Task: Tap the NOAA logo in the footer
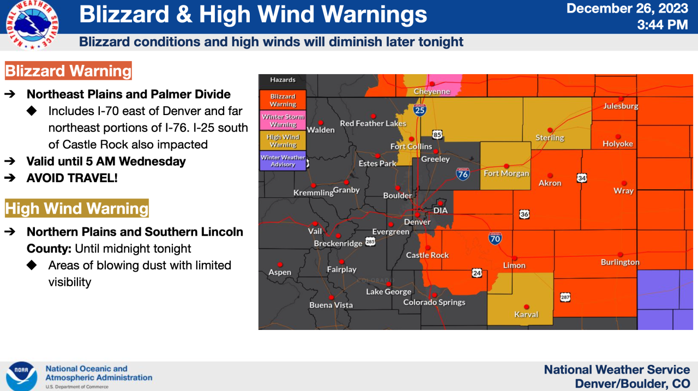tap(22, 376)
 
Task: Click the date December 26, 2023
tap(627, 9)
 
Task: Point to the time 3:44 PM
tap(663, 25)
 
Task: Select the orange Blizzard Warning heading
tap(68, 71)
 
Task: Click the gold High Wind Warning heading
tap(76, 209)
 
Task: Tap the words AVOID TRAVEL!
tap(72, 178)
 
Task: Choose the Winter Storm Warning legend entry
tap(283, 121)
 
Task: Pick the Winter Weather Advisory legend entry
tap(283, 161)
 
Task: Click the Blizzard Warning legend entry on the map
tap(283, 100)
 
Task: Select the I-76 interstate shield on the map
tap(462, 174)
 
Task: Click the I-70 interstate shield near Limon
tap(495, 238)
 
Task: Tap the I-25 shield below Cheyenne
tap(419, 110)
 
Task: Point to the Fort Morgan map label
tap(507, 173)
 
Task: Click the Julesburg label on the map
tap(621, 106)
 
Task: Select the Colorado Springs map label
tap(434, 302)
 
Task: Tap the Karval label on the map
tap(526, 314)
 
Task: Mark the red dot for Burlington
tap(621, 255)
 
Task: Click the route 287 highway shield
tap(565, 297)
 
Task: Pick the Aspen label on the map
tap(280, 272)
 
